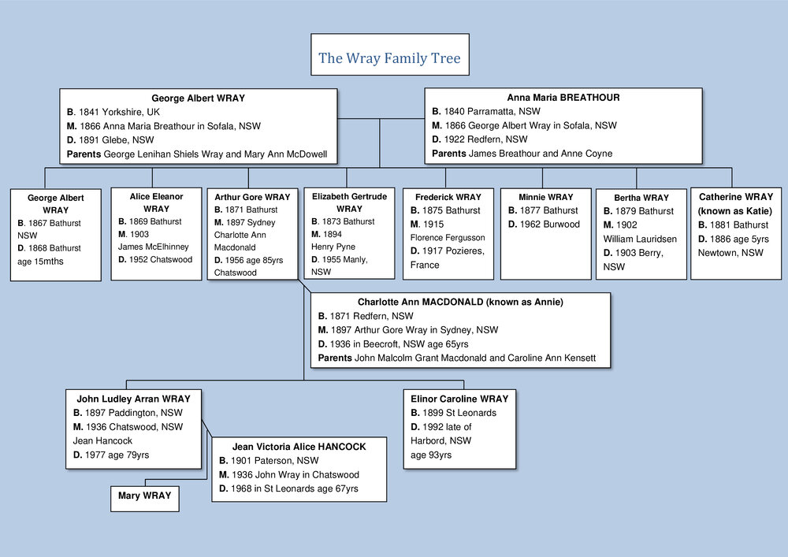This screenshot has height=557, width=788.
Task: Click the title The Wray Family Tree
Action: coord(389,58)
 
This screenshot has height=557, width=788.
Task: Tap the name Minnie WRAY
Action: coord(546,197)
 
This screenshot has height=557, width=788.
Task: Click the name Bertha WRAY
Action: coord(641,198)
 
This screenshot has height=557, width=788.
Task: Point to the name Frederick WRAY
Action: coord(448,197)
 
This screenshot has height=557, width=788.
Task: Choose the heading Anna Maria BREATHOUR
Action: coord(563,98)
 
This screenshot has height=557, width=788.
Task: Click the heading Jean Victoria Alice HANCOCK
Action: coord(299,447)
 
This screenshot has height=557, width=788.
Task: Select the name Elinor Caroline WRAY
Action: coord(459,399)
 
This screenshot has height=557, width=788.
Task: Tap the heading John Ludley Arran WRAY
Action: coord(133,399)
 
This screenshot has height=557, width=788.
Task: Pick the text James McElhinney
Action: coord(154,247)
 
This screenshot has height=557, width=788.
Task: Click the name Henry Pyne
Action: coord(333,247)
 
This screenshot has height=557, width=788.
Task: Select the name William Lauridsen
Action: coord(640,239)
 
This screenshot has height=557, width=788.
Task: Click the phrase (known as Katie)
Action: coord(735,210)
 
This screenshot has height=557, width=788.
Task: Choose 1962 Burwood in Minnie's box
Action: coord(551,225)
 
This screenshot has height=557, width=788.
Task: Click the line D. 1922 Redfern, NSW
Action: coord(480,139)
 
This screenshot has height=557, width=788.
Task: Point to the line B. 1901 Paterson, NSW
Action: coord(269,461)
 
